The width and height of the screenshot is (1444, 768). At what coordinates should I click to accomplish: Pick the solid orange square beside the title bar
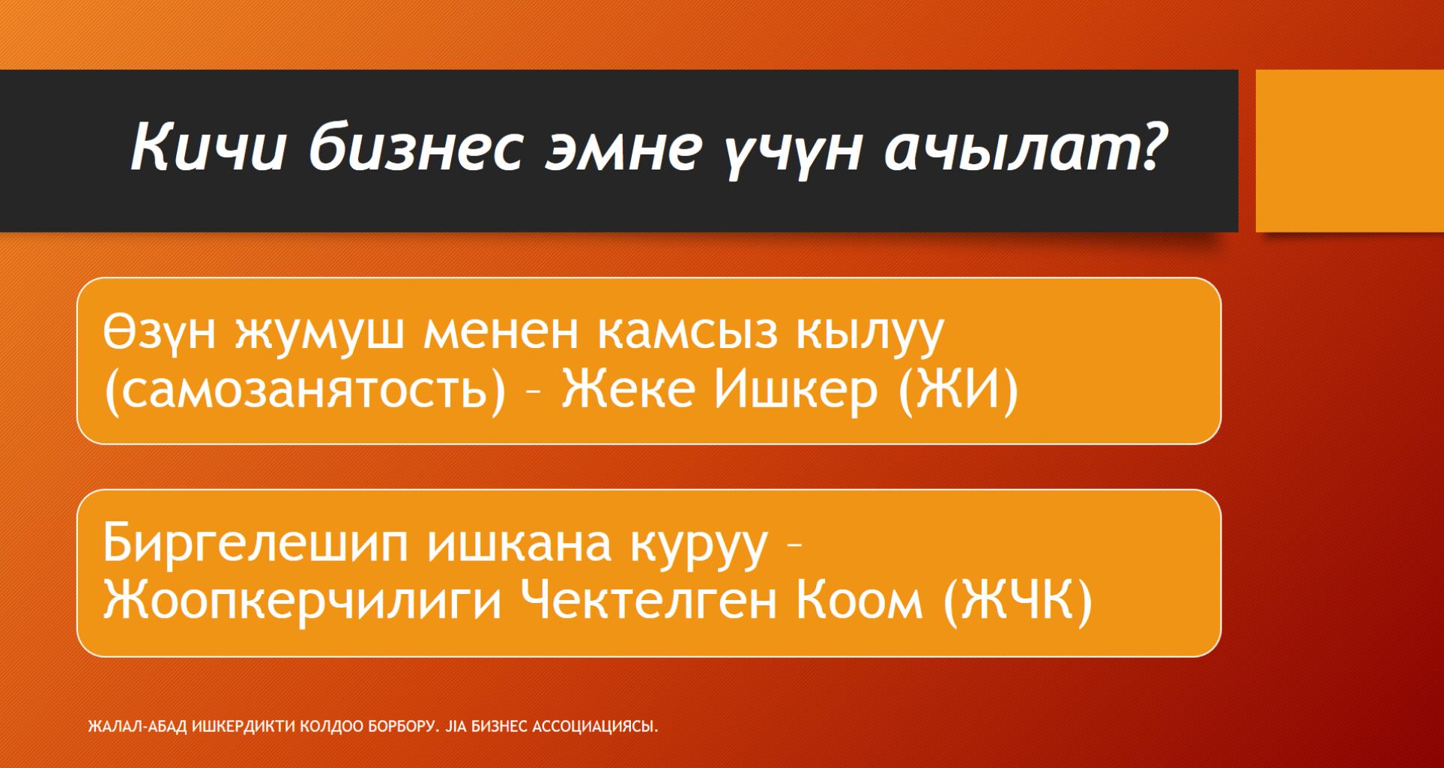click(x=1349, y=151)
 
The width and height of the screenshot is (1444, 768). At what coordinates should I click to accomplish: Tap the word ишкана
click(x=515, y=543)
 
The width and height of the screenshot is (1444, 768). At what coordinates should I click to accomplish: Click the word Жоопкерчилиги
click(x=302, y=602)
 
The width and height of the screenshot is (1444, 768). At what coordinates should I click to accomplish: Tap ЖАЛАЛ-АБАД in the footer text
click(x=139, y=727)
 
